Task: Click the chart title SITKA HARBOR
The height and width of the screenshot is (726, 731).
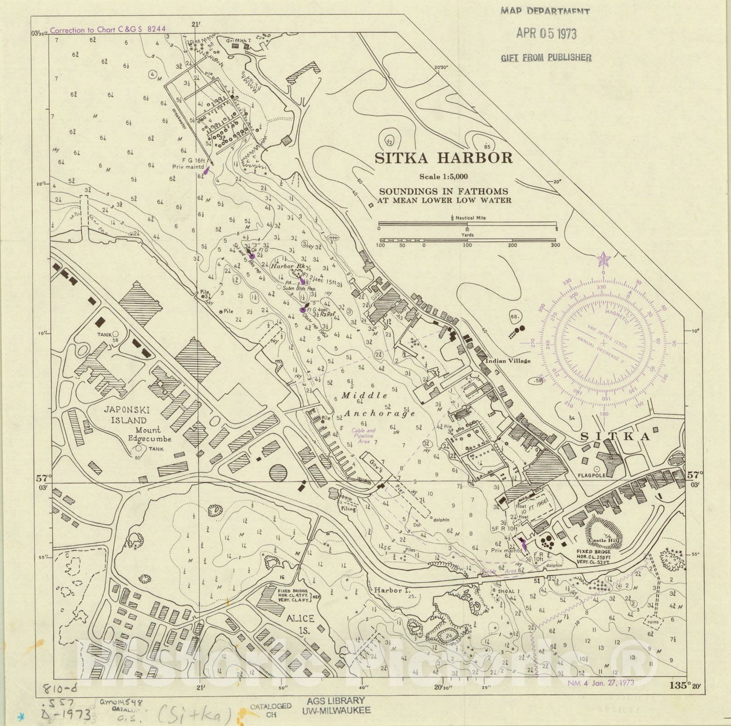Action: [444, 158]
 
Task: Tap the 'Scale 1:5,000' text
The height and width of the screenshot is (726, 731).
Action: [444, 177]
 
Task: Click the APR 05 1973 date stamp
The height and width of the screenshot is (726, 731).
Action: [546, 33]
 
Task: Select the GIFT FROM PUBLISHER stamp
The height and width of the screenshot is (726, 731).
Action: [546, 58]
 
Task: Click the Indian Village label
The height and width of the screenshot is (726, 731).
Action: [508, 361]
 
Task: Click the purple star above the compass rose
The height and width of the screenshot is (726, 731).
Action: [603, 260]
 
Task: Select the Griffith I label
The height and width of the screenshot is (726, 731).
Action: [239, 40]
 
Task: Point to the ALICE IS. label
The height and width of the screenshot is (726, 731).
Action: [300, 624]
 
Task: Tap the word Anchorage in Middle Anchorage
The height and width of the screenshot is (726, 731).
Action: [380, 413]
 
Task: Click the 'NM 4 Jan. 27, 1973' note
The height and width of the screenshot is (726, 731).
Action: [601, 683]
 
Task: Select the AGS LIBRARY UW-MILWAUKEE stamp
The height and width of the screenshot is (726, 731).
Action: [336, 705]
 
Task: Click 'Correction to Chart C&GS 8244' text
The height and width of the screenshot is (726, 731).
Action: [108, 30]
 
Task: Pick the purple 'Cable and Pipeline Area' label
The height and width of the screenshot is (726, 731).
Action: [363, 436]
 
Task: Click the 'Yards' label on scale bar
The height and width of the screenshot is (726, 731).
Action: [467, 235]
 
